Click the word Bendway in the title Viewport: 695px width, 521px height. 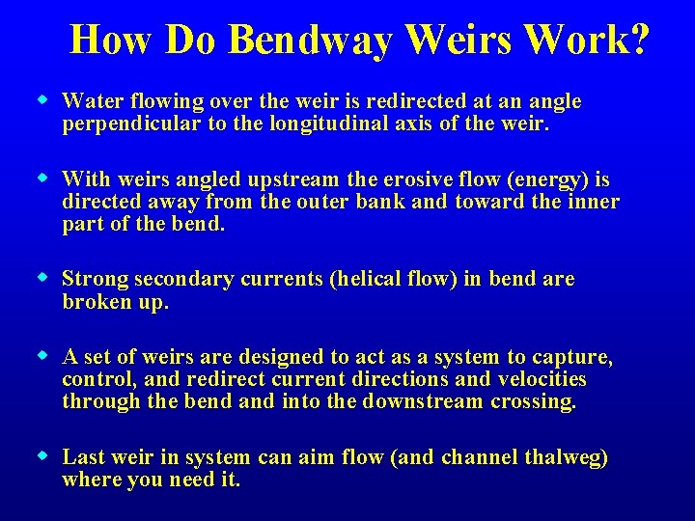(311, 41)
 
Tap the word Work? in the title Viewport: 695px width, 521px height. (588, 41)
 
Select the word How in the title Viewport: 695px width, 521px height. (111, 41)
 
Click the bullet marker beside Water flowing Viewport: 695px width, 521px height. (42, 98)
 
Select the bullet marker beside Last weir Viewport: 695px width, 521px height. (42, 455)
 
